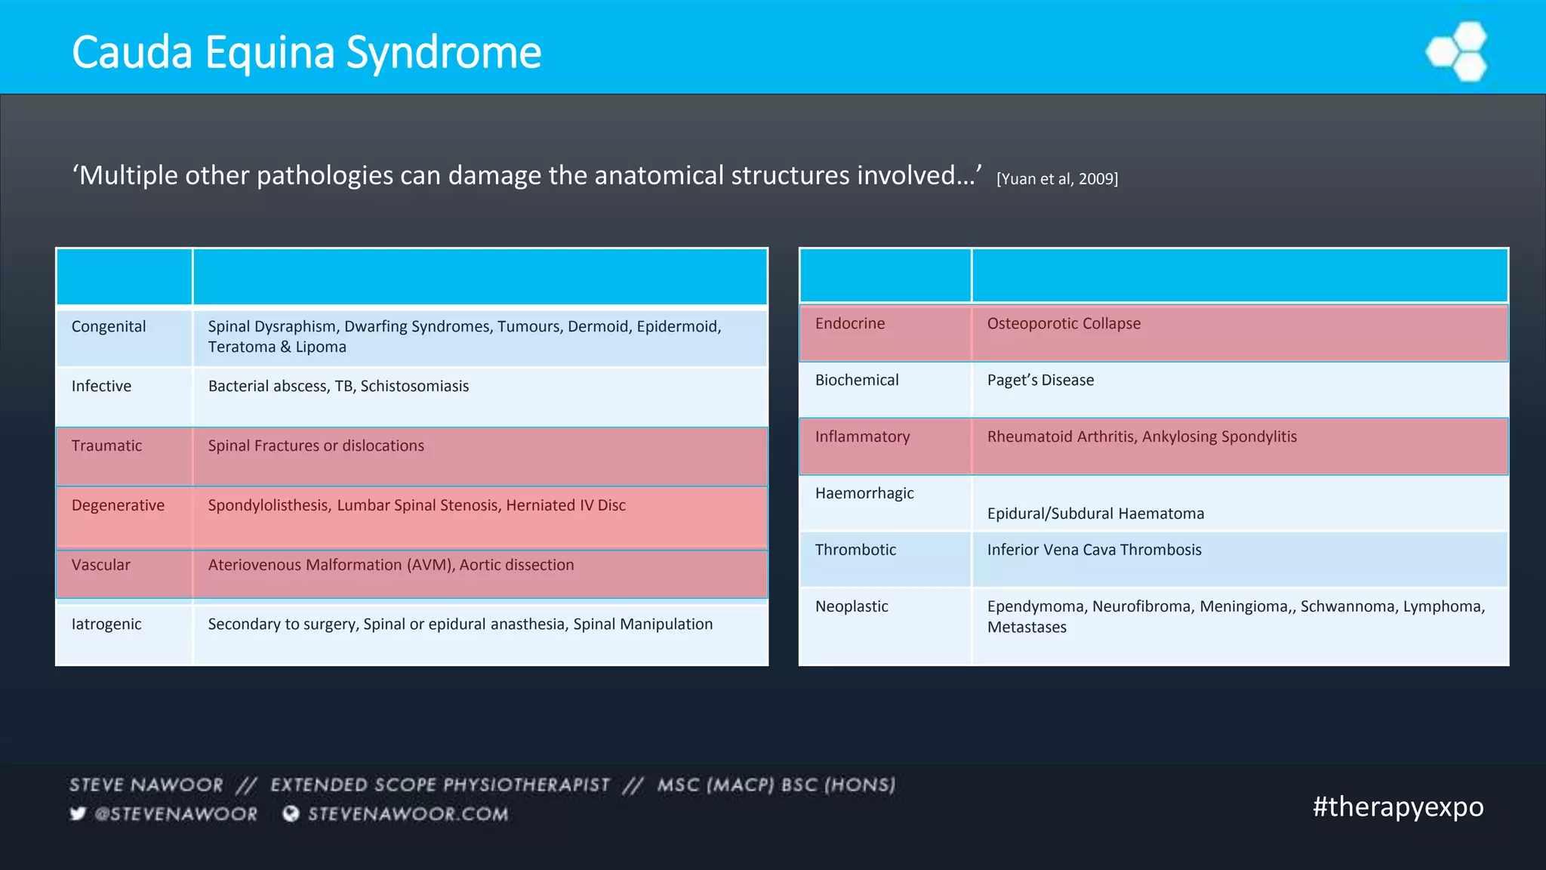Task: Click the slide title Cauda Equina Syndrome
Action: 306,53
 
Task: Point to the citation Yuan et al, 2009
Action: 1057,179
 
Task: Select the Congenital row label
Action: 109,326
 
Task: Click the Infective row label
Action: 101,386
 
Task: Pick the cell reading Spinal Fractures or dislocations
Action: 316,446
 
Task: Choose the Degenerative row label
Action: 118,505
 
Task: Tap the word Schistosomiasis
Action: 414,386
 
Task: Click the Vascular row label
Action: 100,565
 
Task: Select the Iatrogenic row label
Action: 106,624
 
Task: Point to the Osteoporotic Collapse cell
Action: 1064,323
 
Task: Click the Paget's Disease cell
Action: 1040,380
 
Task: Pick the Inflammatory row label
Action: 862,437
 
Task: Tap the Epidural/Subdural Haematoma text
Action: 1095,514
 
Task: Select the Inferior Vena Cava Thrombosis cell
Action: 1094,550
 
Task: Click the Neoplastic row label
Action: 852,606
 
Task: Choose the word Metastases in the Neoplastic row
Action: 1027,627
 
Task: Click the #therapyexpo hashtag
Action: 1398,807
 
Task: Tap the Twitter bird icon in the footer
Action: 78,813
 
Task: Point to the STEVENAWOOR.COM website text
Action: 408,813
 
